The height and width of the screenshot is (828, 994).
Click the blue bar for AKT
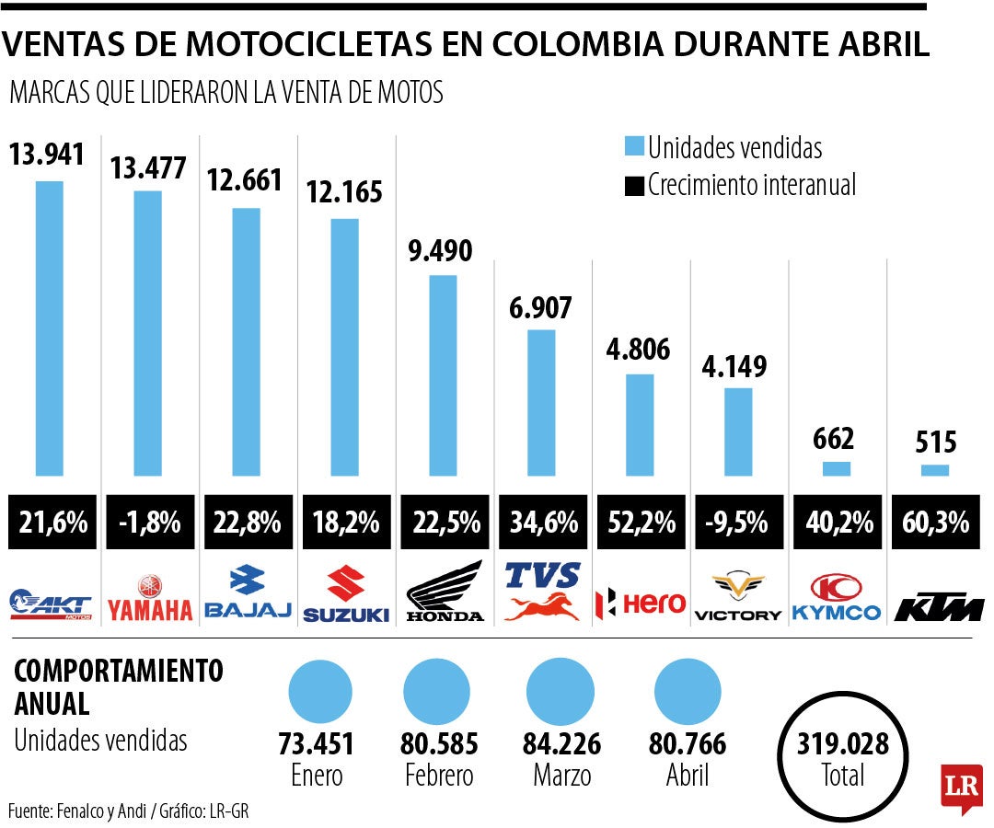click(50, 328)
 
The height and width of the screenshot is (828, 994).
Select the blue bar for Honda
click(443, 375)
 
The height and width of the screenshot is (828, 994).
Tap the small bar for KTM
click(935, 470)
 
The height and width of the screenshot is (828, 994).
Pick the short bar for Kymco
click(837, 468)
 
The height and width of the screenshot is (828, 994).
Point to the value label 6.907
click(540, 307)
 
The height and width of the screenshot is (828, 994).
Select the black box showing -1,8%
click(149, 523)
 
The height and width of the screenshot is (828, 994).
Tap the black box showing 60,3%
click(935, 523)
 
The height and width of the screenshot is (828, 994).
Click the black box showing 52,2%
click(640, 523)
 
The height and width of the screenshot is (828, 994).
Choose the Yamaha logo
click(149, 598)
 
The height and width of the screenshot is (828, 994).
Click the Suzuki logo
click(345, 596)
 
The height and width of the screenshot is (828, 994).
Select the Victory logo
click(738, 598)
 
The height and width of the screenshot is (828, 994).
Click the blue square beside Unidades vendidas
click(634, 146)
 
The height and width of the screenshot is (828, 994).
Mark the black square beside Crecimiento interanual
click(634, 185)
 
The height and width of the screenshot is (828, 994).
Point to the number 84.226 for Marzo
click(562, 744)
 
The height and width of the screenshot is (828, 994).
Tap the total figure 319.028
click(843, 744)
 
